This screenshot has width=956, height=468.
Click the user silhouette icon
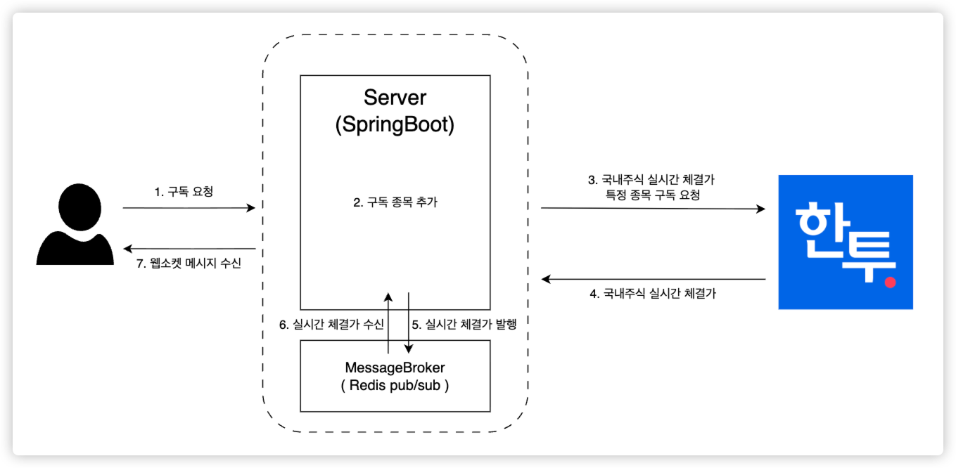coord(76,224)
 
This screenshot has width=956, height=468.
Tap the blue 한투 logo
coord(845,242)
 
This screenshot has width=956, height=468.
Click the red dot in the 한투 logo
coord(890,282)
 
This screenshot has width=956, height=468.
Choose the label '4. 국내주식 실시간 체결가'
coord(652,294)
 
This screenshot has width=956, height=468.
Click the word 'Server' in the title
coord(395,98)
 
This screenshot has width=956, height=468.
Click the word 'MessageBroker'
coord(395,368)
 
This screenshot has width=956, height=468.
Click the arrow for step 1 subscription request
coord(189,208)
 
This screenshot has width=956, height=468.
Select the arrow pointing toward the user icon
coord(189,249)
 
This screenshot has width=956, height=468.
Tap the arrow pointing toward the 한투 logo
coord(652,209)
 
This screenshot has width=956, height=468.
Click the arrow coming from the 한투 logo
coord(652,279)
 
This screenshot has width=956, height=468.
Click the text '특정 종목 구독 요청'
coord(653,195)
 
